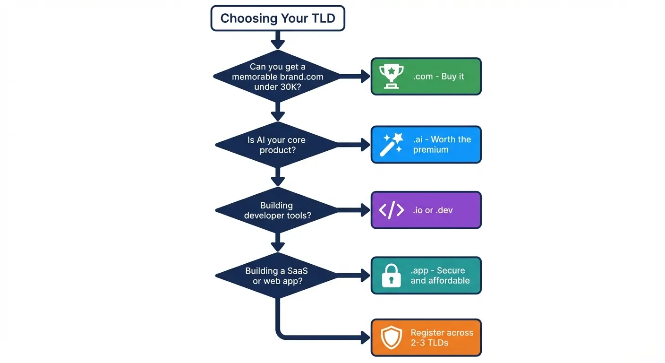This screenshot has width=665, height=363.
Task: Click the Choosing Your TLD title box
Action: pyautogui.click(x=278, y=18)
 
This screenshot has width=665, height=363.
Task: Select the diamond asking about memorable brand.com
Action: pyautogui.click(x=278, y=77)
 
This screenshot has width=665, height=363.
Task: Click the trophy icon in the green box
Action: pyautogui.click(x=392, y=77)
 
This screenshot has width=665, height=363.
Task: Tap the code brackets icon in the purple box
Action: pyautogui.click(x=392, y=210)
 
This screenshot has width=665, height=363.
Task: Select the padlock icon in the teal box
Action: pyautogui.click(x=392, y=276)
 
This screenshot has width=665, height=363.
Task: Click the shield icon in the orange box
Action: pyautogui.click(x=392, y=337)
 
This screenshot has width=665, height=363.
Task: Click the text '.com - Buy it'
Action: pyautogui.click(x=438, y=77)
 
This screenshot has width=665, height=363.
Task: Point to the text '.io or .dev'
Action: pyautogui.click(x=433, y=210)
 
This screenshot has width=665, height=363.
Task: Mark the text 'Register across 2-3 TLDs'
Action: pyautogui.click(x=442, y=337)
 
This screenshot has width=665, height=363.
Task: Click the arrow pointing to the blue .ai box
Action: pyautogui.click(x=356, y=145)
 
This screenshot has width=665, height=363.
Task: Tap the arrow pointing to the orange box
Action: pyautogui.click(x=326, y=337)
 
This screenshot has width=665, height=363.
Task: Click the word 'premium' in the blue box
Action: pyautogui.click(x=430, y=150)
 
